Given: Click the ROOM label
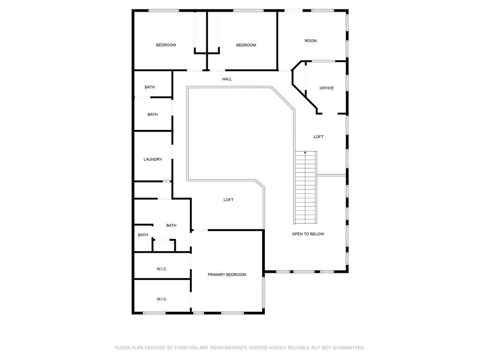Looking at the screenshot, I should coord(311,41).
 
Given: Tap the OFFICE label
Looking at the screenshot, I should coord(327,88).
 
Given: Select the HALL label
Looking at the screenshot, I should coord(227,79).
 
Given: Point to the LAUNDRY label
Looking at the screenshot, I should coord(153,159).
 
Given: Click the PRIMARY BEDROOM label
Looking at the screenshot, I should coord(227,275).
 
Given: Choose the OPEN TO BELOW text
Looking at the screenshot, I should coord(308,234).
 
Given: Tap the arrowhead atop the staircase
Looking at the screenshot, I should coord(306,152).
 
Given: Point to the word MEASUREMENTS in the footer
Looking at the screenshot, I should coord(228,348).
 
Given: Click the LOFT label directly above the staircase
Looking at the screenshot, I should coord(319,137).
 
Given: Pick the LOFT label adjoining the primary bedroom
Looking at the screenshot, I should coord(228,200).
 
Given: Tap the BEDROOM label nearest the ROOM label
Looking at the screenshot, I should coord(246,45).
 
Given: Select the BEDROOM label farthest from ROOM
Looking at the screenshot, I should coord(166,45).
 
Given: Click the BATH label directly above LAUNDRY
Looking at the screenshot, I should coord(153,114).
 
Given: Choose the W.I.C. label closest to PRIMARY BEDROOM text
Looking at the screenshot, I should coord(162,269).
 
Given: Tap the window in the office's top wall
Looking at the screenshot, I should coord(323,61).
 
